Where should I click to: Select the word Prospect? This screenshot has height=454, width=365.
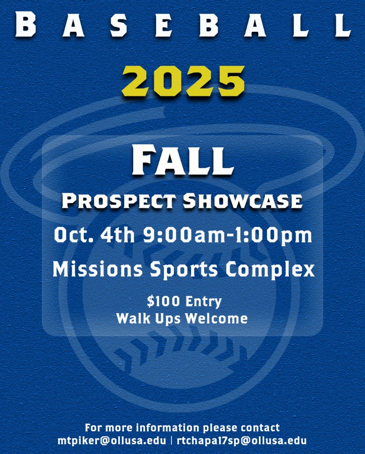(118, 201)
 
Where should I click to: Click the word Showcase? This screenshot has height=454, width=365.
(242, 201)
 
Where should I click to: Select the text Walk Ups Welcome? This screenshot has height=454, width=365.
(182, 318)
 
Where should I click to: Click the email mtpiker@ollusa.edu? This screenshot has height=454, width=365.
(112, 440)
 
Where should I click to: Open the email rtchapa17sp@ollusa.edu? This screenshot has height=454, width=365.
(242, 440)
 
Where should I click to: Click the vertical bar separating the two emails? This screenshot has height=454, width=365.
(171, 440)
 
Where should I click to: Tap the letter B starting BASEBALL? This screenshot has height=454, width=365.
(25, 25)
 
